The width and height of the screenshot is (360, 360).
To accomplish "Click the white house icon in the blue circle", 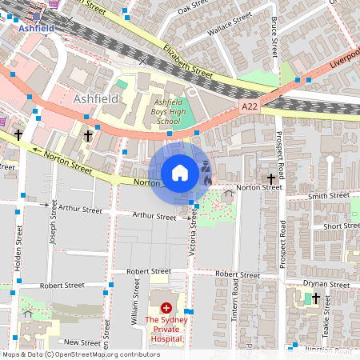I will tap(180, 173).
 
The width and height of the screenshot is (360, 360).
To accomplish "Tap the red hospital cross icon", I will tap(166, 307).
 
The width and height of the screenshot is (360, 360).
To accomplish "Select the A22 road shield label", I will tap(249, 106).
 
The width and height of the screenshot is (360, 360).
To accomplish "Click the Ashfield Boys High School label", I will tap(167, 112).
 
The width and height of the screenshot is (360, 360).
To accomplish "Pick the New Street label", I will tap(83, 342).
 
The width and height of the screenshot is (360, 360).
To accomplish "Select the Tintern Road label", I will tap(235, 309).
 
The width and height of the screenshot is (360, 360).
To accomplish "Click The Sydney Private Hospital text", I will tap(166, 330).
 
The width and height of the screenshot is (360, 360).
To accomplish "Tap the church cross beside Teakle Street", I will tap(316, 298).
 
